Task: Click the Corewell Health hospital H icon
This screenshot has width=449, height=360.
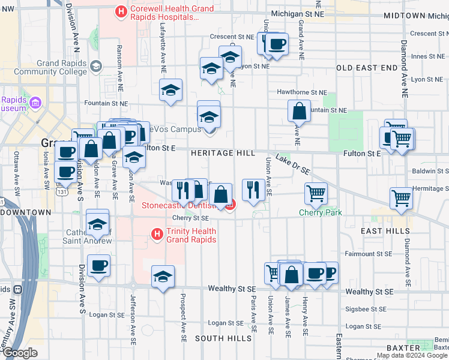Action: tap(121, 11)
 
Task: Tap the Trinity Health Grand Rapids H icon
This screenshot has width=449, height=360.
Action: tap(157, 233)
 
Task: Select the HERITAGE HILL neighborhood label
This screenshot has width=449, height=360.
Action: tap(223, 154)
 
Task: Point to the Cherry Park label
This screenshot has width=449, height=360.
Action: tap(316, 213)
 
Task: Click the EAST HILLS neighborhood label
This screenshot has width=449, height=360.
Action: tap(385, 230)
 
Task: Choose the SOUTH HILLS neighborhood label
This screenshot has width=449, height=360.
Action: tap(223, 338)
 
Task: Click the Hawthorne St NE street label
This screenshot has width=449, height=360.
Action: tap(302, 92)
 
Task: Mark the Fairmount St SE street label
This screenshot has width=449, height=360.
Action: tap(370, 254)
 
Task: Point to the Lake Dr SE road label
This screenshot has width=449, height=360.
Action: tap(293, 164)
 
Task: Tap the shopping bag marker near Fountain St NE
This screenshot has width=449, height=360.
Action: tap(299, 111)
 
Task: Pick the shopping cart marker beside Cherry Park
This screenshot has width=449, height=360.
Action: tap(316, 193)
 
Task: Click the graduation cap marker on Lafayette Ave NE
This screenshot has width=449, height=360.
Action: tap(171, 90)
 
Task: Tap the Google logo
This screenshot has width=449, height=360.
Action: tap(20, 353)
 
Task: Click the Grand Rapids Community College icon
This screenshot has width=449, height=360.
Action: tap(97, 68)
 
